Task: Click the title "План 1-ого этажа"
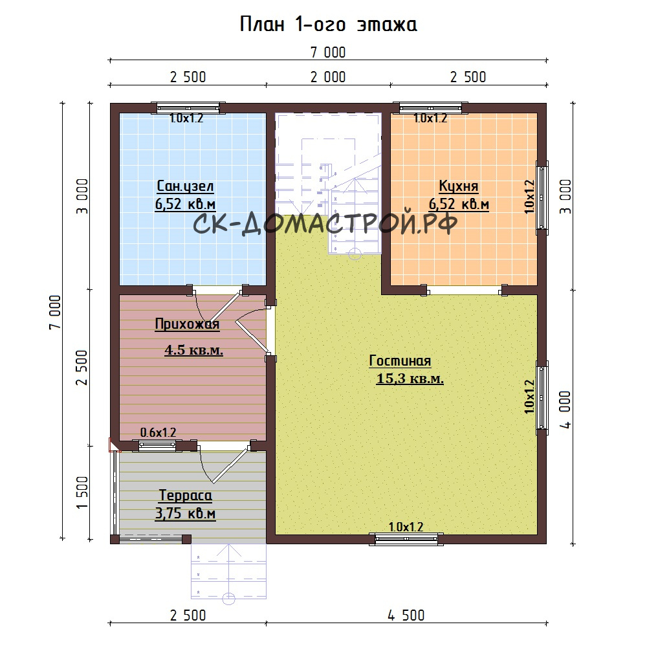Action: [x=329, y=25]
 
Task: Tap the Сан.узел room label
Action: [x=185, y=186]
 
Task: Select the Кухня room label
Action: [x=458, y=186]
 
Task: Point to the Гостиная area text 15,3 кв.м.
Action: [x=410, y=379]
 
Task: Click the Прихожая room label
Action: [x=187, y=324]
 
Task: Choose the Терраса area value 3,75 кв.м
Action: [x=185, y=513]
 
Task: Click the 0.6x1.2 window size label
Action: [x=158, y=432]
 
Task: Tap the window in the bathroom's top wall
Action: [x=188, y=108]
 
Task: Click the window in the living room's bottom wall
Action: [x=406, y=539]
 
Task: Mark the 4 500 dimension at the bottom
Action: [x=406, y=615]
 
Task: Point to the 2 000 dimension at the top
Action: [x=328, y=77]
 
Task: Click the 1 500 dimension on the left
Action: [x=82, y=492]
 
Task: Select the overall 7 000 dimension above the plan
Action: [x=328, y=52]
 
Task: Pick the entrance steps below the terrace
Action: [x=229, y=571]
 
